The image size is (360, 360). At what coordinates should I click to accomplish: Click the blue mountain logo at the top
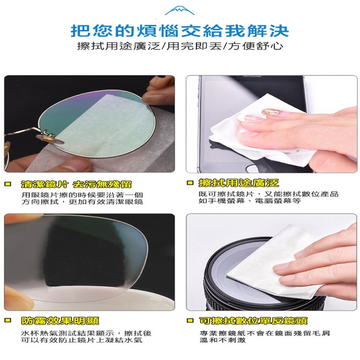pyautogui.click(x=180, y=11)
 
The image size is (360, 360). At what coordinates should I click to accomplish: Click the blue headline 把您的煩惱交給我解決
pyautogui.click(x=180, y=31)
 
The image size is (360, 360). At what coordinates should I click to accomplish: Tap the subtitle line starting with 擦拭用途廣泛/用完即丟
pyautogui.click(x=180, y=46)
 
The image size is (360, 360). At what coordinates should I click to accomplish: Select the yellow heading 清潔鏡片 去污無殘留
pyautogui.click(x=76, y=184)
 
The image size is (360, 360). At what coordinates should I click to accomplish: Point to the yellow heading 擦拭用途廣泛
pyautogui.click(x=239, y=183)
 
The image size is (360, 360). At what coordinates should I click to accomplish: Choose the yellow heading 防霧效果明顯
pyautogui.click(x=60, y=321)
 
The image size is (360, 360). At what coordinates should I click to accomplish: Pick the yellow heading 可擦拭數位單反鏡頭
pyautogui.click(x=253, y=321)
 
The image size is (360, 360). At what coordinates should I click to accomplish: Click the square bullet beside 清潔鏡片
pyautogui.click(x=8, y=184)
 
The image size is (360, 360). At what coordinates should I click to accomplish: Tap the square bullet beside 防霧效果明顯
pyautogui.click(x=8, y=320)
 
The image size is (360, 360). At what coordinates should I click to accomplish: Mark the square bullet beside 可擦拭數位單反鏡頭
pyautogui.click(x=190, y=320)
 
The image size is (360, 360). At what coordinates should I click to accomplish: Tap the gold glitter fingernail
pyautogui.click(x=273, y=112)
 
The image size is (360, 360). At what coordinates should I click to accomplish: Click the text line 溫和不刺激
pyautogui.click(x=222, y=340)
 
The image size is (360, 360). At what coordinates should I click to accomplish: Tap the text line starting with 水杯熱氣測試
pyautogui.click(x=86, y=333)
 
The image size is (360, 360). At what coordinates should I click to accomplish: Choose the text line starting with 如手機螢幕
pyautogui.click(x=250, y=201)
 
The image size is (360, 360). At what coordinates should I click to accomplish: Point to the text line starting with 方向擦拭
pyautogui.click(x=82, y=202)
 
